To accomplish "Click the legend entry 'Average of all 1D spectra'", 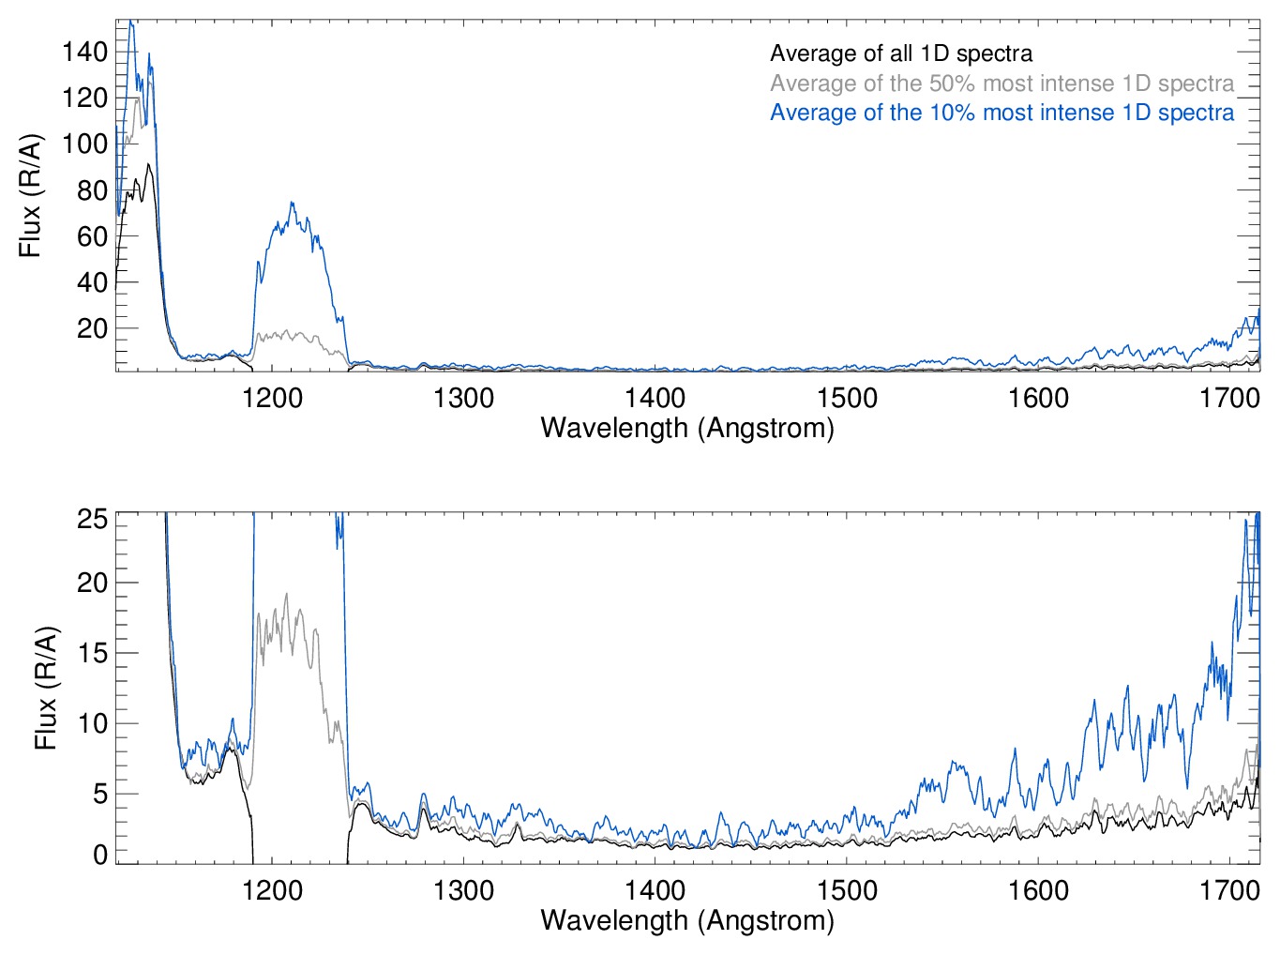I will pos(900,54).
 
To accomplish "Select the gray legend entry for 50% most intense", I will pos(1001,83).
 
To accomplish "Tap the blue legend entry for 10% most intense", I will pos(1001,113).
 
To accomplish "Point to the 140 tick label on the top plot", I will pos(85,52).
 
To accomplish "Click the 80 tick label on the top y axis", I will pos(92,190).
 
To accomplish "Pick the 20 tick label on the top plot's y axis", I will pos(92,329).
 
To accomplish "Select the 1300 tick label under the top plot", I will pos(463,399).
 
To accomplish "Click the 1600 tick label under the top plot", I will pos(1038,399).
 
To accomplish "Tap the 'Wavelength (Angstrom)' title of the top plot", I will pos(687,429).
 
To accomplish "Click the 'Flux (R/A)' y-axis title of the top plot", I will pos(31,196).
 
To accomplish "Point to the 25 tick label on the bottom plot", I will pos(92,519).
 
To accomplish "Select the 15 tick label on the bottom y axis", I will pos(92,653).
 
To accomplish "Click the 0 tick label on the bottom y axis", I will pos(99,855).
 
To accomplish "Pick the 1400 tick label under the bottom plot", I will pos(655,890).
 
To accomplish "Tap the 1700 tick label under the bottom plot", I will pos(1229,890).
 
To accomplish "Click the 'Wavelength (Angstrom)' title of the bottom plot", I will pos(687,920).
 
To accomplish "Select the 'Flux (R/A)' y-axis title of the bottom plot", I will pos(46,688).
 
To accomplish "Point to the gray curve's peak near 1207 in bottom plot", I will pos(286,594).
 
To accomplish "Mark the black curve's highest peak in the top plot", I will pos(148,165).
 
